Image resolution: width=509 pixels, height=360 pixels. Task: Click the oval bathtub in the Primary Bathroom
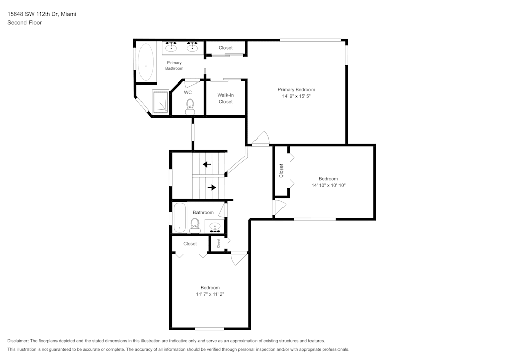pos(146,62)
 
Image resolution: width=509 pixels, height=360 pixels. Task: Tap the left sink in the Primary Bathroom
pos(171,47)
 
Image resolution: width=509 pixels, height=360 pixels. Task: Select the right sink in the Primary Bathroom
pos(192,47)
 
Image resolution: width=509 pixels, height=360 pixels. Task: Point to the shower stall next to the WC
pos(161,102)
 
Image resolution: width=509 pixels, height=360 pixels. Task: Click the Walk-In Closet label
pos(225,98)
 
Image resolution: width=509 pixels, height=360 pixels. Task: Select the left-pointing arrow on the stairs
pos(207,164)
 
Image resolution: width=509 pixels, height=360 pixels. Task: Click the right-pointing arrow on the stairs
pos(211,187)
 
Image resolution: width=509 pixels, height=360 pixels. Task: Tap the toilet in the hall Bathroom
pos(194,225)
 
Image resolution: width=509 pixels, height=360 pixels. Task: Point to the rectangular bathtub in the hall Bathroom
pos(179,218)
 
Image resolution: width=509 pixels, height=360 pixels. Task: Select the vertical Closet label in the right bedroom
pos(281,171)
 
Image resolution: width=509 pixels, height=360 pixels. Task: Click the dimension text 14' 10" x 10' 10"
pos(328,185)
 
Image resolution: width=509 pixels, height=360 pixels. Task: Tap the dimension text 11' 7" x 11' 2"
pos(210,294)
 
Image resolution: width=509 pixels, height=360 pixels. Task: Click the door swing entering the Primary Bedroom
pos(261,139)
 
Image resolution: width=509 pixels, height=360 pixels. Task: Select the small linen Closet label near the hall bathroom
pos(218,243)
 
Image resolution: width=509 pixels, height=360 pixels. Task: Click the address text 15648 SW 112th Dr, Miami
pos(42,14)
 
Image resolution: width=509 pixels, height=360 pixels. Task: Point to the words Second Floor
pos(24,23)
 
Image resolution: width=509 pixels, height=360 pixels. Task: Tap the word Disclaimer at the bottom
pos(18,341)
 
